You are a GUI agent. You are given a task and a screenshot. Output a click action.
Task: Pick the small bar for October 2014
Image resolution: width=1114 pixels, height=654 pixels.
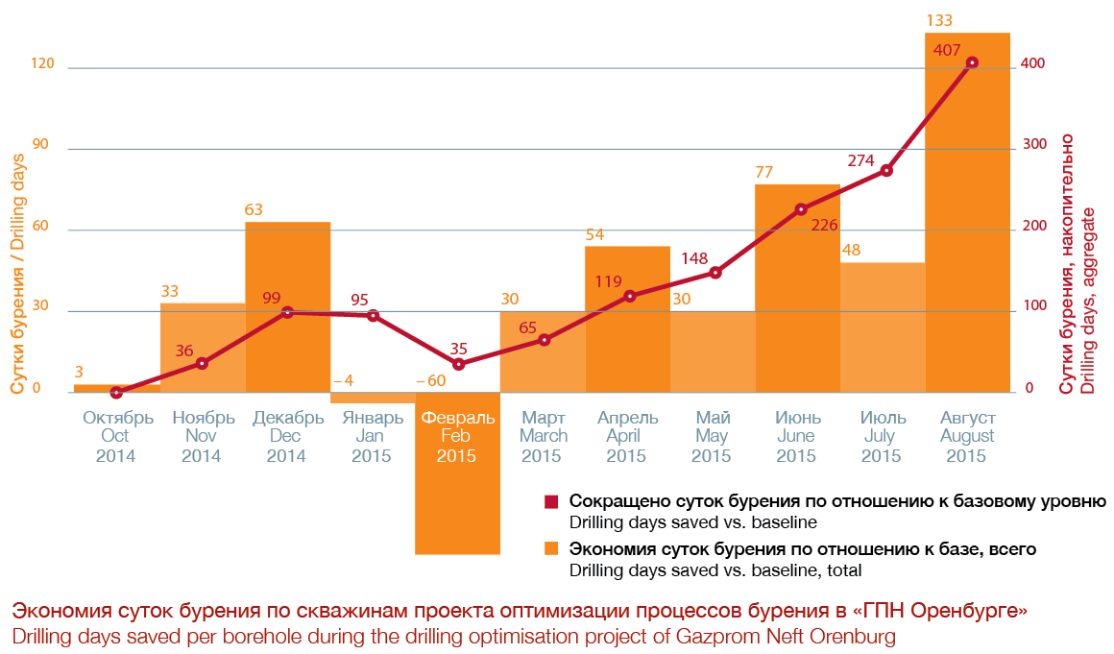(x=116, y=388)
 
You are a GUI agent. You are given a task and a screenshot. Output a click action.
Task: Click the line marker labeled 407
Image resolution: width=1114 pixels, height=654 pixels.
(x=972, y=62)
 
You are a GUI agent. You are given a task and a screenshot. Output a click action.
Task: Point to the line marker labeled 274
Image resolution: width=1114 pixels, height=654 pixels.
(x=886, y=170)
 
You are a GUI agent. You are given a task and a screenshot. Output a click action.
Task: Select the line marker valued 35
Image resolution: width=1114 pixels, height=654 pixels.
(x=458, y=364)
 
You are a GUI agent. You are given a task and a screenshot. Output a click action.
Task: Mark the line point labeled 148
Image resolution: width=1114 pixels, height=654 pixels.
(x=715, y=273)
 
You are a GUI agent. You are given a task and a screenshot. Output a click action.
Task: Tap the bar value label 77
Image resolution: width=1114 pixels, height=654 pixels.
(x=764, y=172)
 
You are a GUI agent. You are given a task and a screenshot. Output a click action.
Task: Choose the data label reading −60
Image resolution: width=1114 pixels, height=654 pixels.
(x=431, y=380)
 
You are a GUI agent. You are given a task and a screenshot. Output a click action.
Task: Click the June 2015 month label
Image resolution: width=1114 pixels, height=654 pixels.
(x=796, y=436)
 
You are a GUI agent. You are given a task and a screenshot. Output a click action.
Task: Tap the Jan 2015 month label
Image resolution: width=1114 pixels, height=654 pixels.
(x=372, y=436)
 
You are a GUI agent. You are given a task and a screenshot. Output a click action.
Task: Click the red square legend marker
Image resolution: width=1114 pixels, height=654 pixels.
(x=551, y=502)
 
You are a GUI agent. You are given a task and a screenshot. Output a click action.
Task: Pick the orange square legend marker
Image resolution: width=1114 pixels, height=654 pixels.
(x=551, y=549)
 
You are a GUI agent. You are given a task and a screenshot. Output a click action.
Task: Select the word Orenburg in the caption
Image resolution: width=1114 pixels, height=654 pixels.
(x=854, y=636)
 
